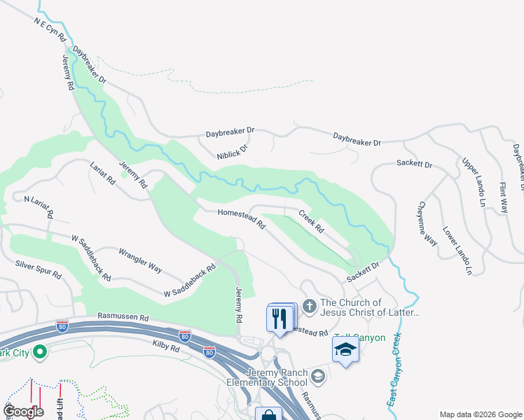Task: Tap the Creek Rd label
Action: [312, 221]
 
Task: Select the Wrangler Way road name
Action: [140, 259]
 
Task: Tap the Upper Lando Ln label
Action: [474, 181]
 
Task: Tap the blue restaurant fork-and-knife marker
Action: [280, 319]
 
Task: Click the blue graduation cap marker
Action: [345, 350]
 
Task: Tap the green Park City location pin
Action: [39, 351]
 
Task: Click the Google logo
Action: [24, 412]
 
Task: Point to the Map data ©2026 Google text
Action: [480, 414]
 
